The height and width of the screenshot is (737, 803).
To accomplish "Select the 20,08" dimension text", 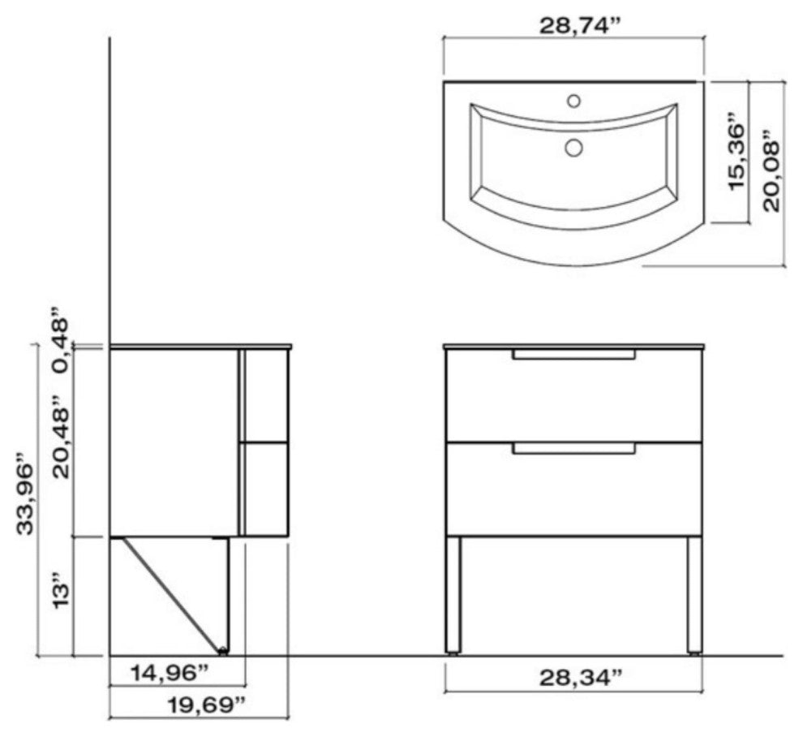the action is click(771, 171).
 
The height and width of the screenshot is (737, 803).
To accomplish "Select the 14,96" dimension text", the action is click(170, 673).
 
